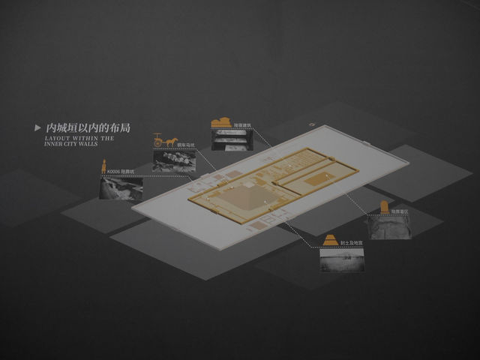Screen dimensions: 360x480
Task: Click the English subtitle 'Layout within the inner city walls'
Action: click(x=79, y=141)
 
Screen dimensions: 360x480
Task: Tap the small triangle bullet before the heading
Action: click(x=37, y=128)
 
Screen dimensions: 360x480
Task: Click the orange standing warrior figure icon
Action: click(x=104, y=167)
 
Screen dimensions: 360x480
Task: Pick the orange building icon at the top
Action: click(x=221, y=124)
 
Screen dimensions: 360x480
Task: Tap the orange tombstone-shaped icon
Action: click(x=384, y=208)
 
